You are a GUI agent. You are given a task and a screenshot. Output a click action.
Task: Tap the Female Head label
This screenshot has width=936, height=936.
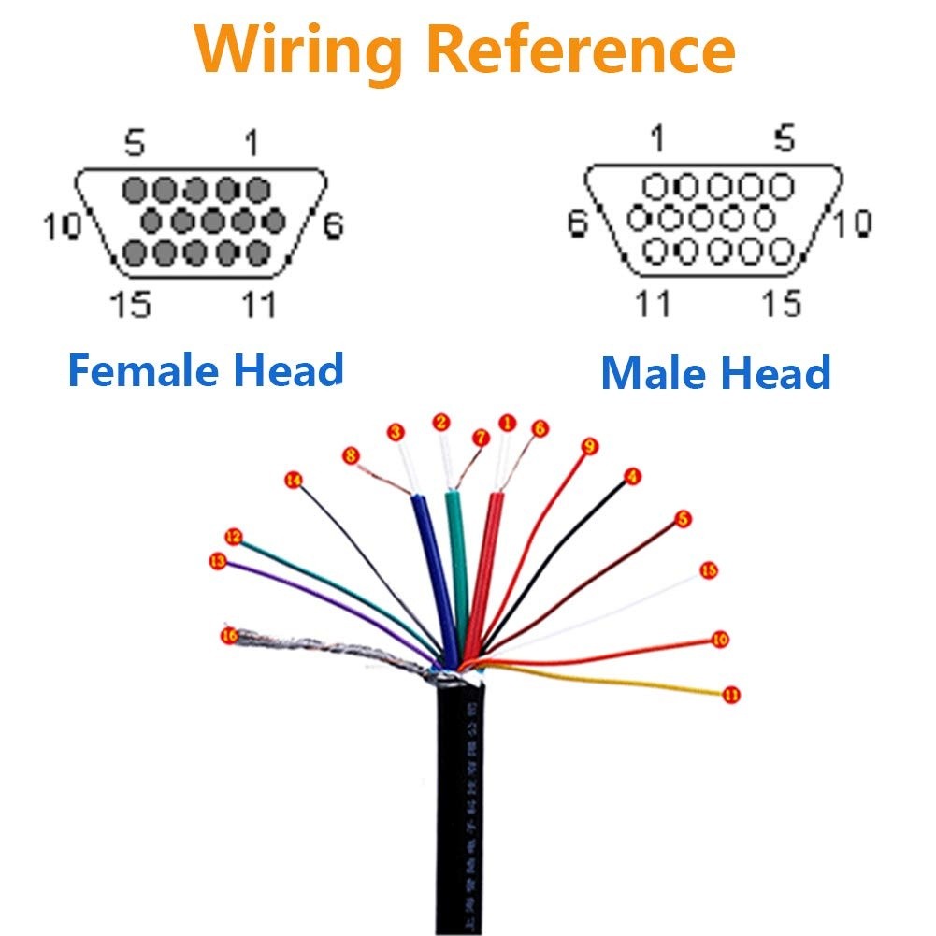tap(206, 370)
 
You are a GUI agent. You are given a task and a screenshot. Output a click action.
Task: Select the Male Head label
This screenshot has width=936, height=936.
tap(715, 372)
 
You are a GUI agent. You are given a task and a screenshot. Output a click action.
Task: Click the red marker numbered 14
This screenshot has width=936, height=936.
tap(294, 481)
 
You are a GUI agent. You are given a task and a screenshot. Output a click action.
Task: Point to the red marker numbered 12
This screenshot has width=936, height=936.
tap(234, 537)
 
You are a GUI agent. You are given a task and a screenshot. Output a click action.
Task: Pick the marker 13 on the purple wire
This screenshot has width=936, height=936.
tap(219, 561)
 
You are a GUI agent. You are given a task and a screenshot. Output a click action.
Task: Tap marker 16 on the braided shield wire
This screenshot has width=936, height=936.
tap(228, 636)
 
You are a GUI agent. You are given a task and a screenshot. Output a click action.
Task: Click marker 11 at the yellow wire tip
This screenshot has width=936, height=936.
tap(731, 695)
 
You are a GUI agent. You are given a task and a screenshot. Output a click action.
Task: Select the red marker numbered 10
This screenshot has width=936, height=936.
tap(719, 640)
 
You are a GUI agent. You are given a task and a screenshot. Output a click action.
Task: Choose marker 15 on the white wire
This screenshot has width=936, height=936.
tap(708, 570)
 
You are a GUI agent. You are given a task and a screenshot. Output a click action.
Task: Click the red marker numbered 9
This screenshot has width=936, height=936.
tap(588, 446)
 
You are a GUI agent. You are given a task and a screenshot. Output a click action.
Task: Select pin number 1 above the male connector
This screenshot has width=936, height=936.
tap(657, 139)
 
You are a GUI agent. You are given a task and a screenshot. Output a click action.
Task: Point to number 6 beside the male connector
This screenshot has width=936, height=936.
tap(578, 224)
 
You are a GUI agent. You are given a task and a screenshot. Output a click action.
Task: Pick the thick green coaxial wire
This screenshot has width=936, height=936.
tap(455, 561)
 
